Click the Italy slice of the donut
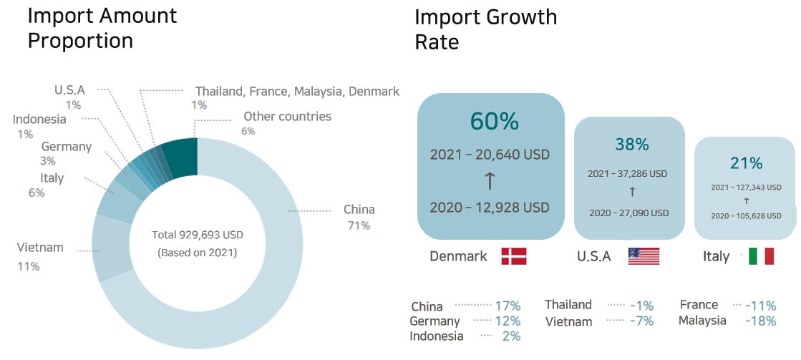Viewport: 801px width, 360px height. click(x=113, y=201)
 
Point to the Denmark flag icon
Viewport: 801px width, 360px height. click(x=513, y=256)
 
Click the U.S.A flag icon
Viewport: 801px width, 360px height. click(x=643, y=256)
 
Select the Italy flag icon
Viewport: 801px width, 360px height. click(x=761, y=256)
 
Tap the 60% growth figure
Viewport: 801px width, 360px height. click(x=494, y=122)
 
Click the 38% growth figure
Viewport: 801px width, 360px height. click(x=631, y=145)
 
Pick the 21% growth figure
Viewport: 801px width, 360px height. click(x=747, y=163)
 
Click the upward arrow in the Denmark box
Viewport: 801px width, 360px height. click(x=490, y=181)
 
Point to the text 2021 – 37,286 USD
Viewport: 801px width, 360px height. click(x=627, y=173)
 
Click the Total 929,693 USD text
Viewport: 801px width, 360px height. click(x=197, y=235)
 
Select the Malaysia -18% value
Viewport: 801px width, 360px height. click(x=760, y=321)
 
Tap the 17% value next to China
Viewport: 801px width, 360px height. click(x=508, y=306)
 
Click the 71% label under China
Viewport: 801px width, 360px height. click(x=359, y=225)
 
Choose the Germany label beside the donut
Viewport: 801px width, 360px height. click(x=67, y=147)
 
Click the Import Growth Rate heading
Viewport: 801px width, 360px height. click(x=485, y=29)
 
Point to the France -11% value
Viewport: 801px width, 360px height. click(x=760, y=305)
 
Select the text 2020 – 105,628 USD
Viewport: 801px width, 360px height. click(x=746, y=215)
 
